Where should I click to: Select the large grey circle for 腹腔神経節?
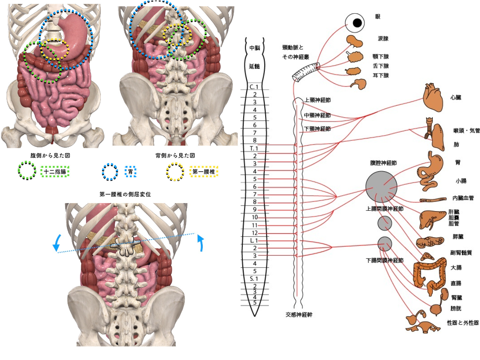pos(381,187)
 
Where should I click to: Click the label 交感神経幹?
pos(299,315)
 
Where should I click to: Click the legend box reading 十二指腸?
pos(55,172)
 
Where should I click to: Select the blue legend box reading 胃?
pos(130,172)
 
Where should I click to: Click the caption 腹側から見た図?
pos(47,155)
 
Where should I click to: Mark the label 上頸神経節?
pos(318,100)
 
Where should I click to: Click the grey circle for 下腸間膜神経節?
pos(385,243)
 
